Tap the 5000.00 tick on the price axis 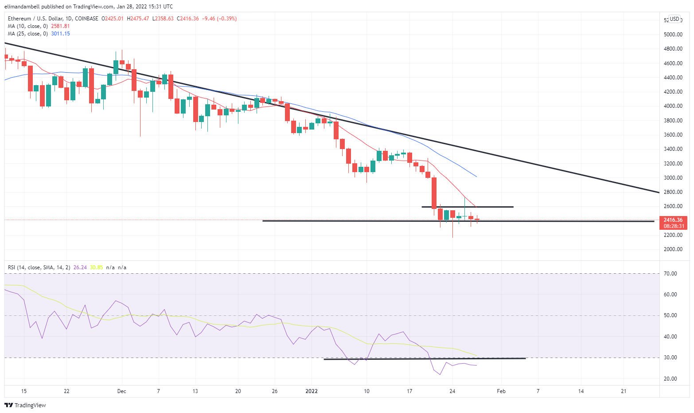[673, 34]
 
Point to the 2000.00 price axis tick [673, 249]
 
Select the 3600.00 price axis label [673, 135]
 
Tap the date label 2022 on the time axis [312, 391]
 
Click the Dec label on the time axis [121, 391]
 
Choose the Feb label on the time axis [501, 391]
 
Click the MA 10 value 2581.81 [60, 26]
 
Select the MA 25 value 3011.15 [60, 34]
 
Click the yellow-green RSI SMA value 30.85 [96, 267]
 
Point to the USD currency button [674, 19]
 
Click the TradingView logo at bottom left [25, 405]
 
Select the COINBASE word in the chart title [86, 19]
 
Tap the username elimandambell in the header [22, 7]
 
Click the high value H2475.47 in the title [138, 19]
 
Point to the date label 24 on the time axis [452, 391]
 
